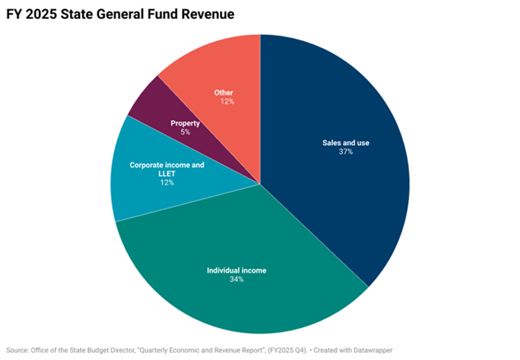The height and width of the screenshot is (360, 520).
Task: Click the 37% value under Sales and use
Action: (x=346, y=152)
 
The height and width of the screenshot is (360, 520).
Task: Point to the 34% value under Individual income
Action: (x=237, y=279)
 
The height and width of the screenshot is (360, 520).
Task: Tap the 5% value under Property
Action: (x=185, y=133)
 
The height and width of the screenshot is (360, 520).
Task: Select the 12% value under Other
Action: (x=227, y=101)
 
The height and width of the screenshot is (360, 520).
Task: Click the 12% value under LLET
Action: (x=167, y=183)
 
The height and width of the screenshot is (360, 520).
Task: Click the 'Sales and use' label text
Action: (x=346, y=143)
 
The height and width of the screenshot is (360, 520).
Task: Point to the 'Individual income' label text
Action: (x=237, y=270)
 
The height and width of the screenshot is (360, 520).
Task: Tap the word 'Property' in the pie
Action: (x=185, y=123)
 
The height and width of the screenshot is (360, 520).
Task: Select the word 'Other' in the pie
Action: (x=224, y=93)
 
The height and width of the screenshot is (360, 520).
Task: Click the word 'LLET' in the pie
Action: (x=167, y=174)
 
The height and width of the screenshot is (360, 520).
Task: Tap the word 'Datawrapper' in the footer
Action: (x=372, y=350)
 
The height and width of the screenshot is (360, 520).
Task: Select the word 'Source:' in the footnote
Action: (x=18, y=350)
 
